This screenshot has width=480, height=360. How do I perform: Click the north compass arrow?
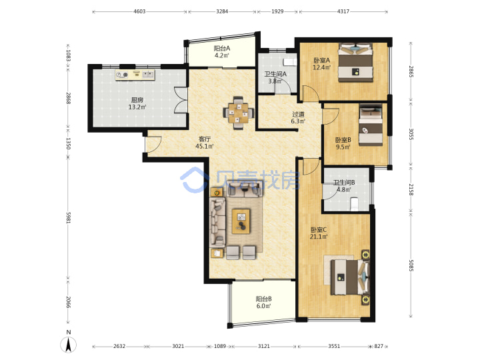(x=69, y=345)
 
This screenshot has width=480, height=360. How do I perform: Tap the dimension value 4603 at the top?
(x=139, y=11)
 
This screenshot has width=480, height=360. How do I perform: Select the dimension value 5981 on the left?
(x=69, y=217)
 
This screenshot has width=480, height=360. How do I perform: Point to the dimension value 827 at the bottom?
(x=379, y=346)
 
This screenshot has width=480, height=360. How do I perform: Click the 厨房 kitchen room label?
(x=137, y=100)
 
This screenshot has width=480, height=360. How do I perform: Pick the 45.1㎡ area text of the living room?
(x=204, y=146)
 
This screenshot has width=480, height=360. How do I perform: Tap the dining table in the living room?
(x=239, y=113)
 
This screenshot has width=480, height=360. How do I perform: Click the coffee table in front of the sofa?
(x=241, y=221)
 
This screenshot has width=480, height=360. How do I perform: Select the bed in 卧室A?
(x=355, y=63)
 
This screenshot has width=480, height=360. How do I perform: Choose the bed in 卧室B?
(x=371, y=125)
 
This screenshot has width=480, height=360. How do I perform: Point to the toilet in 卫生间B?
(x=354, y=204)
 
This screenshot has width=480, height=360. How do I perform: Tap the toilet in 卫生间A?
(x=289, y=62)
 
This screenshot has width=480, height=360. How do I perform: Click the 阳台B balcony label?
(x=263, y=299)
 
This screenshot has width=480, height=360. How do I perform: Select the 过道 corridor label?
(x=298, y=114)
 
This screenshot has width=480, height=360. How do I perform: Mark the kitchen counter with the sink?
(x=135, y=75)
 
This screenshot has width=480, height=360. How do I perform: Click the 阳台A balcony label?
(x=222, y=49)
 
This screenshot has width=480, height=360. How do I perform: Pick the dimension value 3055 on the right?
(x=411, y=134)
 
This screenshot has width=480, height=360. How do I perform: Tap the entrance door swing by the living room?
(x=153, y=144)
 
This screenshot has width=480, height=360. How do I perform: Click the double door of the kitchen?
(x=181, y=101)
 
